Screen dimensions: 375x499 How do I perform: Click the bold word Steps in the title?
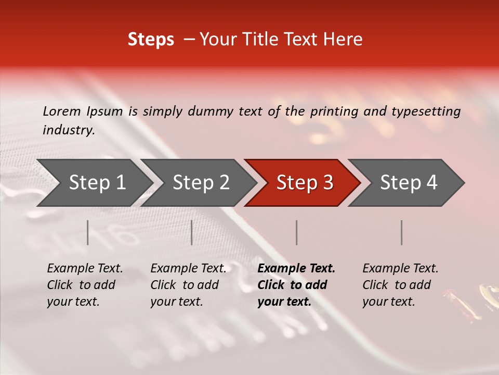pyautogui.click(x=151, y=40)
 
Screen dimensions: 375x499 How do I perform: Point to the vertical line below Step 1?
pyautogui.click(x=88, y=232)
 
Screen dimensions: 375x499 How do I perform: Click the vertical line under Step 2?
pyautogui.click(x=192, y=232)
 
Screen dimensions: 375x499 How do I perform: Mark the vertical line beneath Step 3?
pyautogui.click(x=297, y=232)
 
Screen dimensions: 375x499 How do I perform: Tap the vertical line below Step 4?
pyautogui.click(x=402, y=232)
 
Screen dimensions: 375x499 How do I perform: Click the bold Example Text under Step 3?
pyautogui.click(x=296, y=269)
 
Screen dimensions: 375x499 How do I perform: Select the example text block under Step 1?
pyautogui.click(x=85, y=285)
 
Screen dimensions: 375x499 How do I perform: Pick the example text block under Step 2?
pyautogui.click(x=188, y=285)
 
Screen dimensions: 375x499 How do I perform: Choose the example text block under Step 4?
pyautogui.click(x=400, y=285)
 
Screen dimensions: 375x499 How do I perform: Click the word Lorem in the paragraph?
pyautogui.click(x=62, y=111)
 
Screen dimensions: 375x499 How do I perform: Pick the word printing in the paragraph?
pyautogui.click(x=332, y=111)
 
